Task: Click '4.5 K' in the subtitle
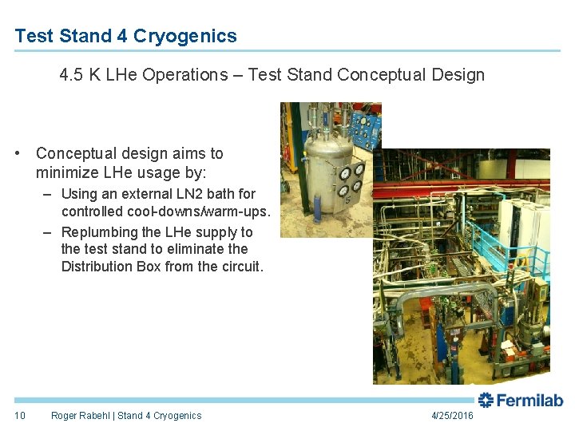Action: tap(78, 75)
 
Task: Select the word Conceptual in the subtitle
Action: tap(378, 75)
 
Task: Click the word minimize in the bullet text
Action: tap(69, 172)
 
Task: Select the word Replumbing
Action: tap(100, 232)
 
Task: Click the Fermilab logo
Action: tap(521, 401)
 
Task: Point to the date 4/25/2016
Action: tap(452, 416)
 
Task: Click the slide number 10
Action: tap(21, 415)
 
